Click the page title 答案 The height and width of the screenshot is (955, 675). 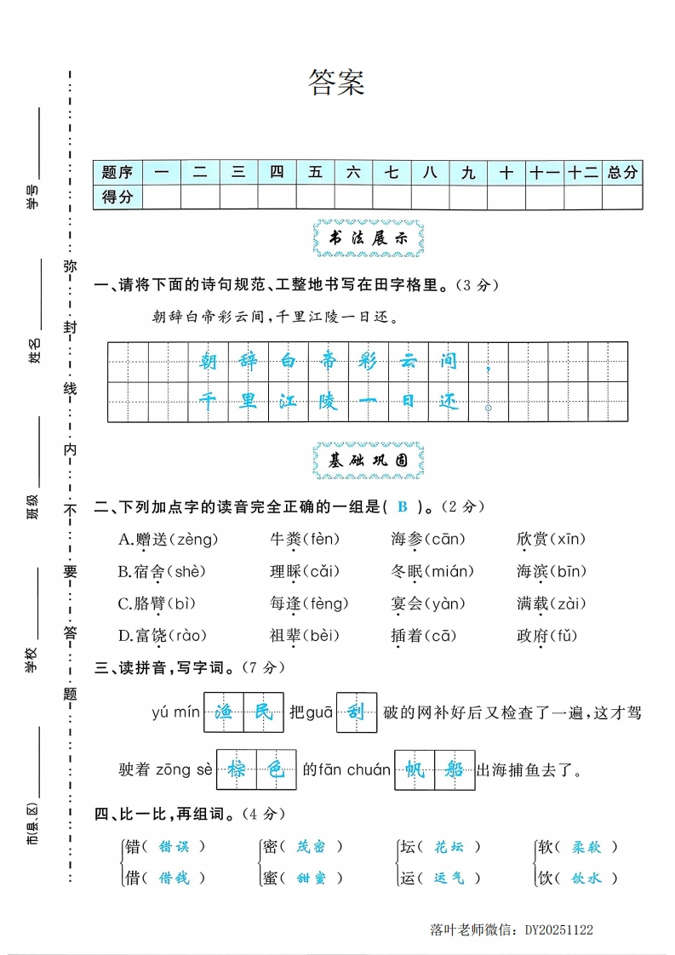click(x=336, y=83)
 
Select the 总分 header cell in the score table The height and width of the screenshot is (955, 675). click(x=622, y=173)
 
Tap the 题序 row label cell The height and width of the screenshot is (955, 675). click(x=117, y=173)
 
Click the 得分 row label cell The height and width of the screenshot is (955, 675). click(x=117, y=197)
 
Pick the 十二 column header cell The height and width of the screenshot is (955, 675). click(x=583, y=173)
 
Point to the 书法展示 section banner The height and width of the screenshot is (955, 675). click(x=369, y=239)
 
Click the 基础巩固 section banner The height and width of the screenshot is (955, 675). click(x=369, y=460)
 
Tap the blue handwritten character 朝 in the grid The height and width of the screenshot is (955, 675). click(x=209, y=361)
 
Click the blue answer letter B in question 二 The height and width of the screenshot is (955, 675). click(x=403, y=506)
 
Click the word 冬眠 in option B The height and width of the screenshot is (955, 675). click(x=406, y=571)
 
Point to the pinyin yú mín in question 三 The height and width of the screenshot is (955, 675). click(x=174, y=712)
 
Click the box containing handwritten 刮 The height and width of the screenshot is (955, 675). click(x=357, y=712)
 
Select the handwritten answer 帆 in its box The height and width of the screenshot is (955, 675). click(x=415, y=770)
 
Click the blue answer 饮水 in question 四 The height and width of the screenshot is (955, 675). click(x=586, y=878)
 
